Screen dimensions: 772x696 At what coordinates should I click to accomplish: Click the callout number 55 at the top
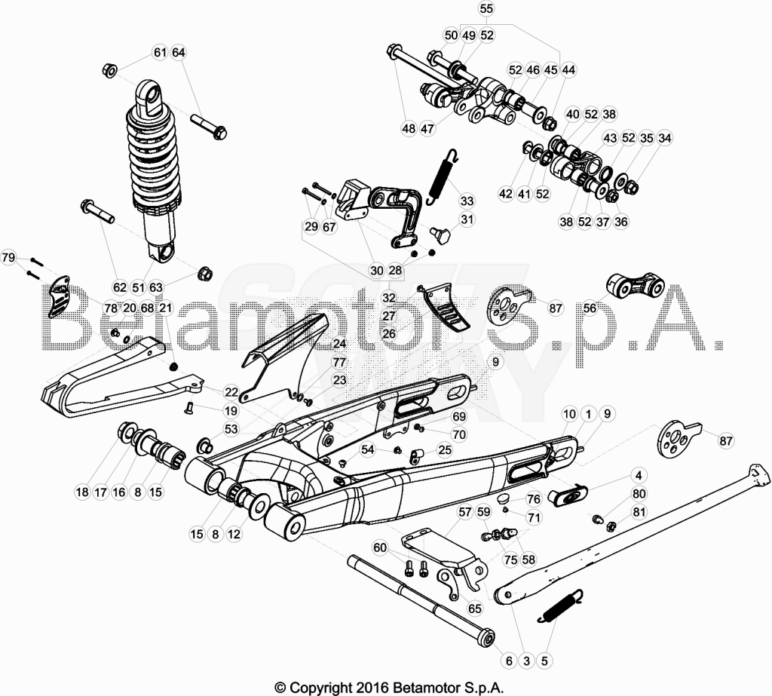[x=486, y=9]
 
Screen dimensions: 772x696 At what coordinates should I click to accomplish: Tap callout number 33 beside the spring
[x=466, y=201]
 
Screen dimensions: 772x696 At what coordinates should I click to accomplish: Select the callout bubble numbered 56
[x=590, y=308]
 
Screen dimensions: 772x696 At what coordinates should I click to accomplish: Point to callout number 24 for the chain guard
[x=340, y=343]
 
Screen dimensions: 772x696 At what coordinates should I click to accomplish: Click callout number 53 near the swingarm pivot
[x=231, y=429]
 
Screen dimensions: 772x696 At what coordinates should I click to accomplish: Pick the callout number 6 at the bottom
[x=509, y=661]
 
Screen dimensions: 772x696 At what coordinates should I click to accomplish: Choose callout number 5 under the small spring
[x=544, y=661]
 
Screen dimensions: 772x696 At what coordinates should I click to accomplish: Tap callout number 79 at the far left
[x=8, y=258]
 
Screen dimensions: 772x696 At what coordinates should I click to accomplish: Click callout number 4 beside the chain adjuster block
[x=639, y=475]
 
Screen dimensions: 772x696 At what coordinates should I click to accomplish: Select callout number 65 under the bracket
[x=474, y=609]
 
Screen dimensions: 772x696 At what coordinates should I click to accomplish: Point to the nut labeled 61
[x=109, y=70]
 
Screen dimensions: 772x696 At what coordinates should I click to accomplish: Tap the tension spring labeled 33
[x=445, y=176]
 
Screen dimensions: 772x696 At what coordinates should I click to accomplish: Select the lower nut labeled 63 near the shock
[x=204, y=274]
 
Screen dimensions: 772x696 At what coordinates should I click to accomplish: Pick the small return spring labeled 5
[x=562, y=606]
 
